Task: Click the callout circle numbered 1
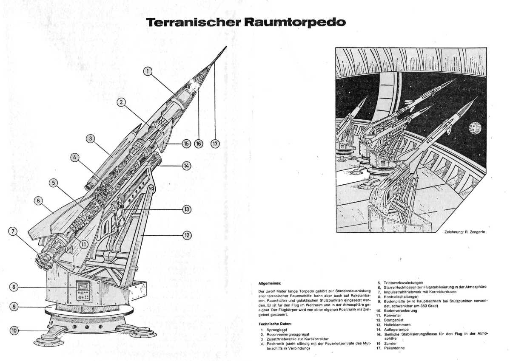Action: click(147, 71)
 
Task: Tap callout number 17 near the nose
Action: click(215, 144)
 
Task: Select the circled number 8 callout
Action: click(14, 287)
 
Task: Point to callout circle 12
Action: click(187, 235)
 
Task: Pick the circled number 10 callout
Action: click(14, 330)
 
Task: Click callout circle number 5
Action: click(54, 183)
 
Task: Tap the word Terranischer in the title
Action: click(194, 23)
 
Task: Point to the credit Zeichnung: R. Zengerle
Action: click(464, 232)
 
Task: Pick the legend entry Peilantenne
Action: click(394, 348)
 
